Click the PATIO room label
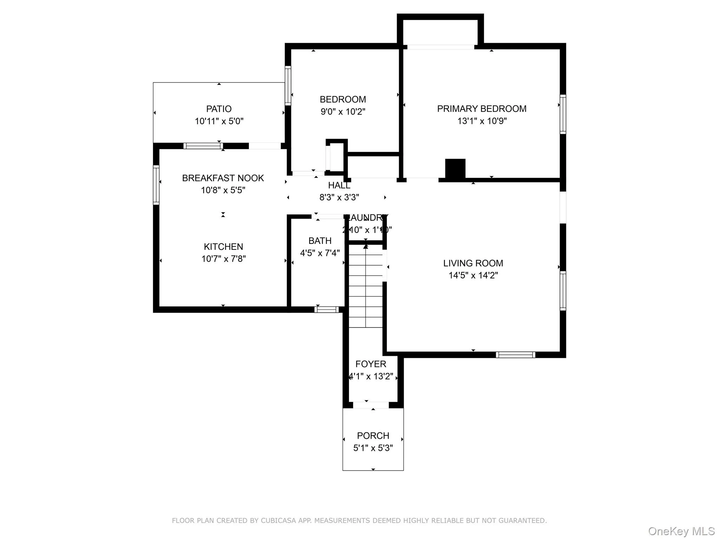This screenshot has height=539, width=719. [x=219, y=109]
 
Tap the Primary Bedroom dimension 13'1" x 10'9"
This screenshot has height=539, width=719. [x=482, y=121]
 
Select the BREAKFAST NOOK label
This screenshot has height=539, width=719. [x=223, y=178]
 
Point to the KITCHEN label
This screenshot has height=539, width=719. [x=223, y=246]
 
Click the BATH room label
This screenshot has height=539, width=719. [x=320, y=241]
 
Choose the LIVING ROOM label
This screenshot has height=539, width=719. [x=473, y=263]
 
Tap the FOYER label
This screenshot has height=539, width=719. [x=371, y=364]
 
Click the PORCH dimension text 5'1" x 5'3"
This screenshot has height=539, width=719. [x=373, y=448]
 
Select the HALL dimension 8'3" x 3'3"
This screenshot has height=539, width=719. [x=339, y=198]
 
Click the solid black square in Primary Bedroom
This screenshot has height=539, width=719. [x=455, y=169]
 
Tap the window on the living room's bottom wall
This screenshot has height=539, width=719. [x=515, y=355]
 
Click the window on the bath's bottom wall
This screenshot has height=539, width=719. [x=326, y=310]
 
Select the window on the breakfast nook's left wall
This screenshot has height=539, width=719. [x=156, y=185]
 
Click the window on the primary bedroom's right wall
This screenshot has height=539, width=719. [x=563, y=114]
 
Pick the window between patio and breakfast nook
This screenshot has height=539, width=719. [x=203, y=146]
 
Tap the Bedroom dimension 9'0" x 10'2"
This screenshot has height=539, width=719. [x=343, y=112]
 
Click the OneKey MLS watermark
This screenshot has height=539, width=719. [x=681, y=531]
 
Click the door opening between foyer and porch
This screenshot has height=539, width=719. [x=371, y=405]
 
